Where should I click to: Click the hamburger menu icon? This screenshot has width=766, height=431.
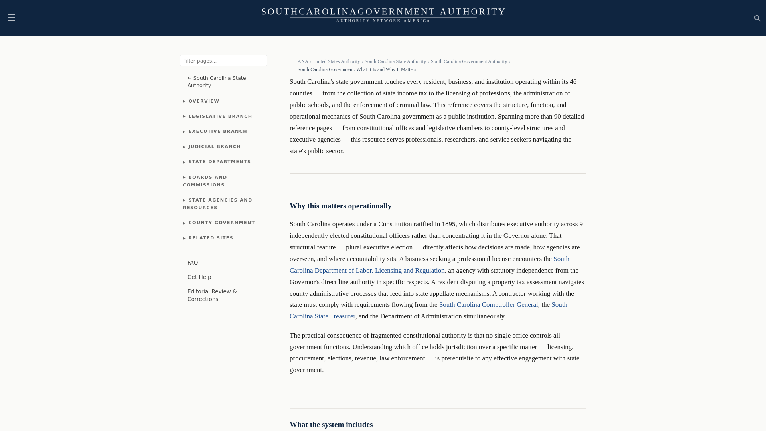point(11,18)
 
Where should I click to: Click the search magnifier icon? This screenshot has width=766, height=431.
point(757,18)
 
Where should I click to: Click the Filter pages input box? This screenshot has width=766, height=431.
point(223,61)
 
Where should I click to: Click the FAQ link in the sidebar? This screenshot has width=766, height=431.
point(193,263)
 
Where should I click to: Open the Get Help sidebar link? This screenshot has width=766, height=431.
point(199,277)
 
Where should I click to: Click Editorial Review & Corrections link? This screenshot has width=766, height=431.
point(212,295)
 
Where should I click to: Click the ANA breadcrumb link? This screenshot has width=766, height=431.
point(303,61)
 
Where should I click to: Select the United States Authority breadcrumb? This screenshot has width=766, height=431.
point(336,61)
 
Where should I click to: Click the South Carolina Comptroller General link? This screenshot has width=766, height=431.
point(488,305)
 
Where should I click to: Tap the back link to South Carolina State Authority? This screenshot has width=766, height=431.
point(217,81)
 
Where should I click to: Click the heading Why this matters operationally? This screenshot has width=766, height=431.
point(340,206)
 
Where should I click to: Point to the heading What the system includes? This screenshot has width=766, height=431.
point(331,425)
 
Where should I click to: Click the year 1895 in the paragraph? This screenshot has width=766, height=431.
point(448,224)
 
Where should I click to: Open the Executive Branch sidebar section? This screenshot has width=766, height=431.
point(217,131)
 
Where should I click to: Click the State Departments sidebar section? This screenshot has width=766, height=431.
point(219,162)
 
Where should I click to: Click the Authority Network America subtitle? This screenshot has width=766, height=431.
point(383,21)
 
